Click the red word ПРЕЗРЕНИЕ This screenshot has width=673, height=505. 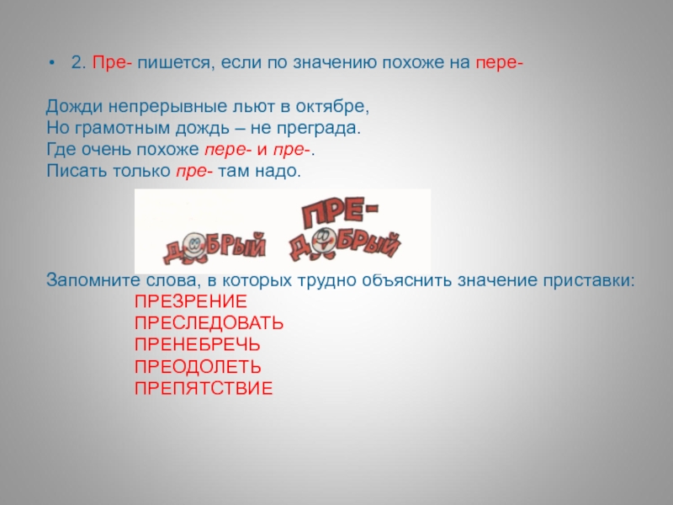click(191, 301)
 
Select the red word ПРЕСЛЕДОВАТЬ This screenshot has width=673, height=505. click(209, 323)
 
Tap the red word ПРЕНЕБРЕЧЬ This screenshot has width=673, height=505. click(198, 345)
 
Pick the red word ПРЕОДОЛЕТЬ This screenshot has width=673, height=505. click(198, 367)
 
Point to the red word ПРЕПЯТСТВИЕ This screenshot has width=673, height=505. click(204, 388)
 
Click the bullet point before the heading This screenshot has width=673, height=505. click(52, 63)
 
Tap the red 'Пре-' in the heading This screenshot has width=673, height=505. click(112, 62)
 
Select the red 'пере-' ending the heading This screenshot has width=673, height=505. click(499, 63)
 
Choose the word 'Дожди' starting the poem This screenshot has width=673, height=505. click(74, 107)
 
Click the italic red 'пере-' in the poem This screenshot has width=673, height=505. click(228, 150)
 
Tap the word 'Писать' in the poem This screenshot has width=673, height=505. click(77, 171)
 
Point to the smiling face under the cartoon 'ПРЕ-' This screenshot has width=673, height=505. click(324, 242)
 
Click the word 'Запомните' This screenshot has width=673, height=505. click(93, 280)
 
